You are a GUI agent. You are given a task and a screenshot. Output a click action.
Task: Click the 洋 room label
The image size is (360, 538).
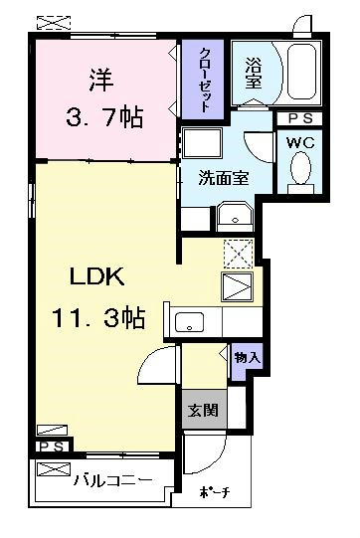pos(101,80)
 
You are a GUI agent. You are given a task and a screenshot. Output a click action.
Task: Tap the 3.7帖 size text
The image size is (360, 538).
pos(104,117)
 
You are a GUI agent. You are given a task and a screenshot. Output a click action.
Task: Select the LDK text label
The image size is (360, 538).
pos(97,276)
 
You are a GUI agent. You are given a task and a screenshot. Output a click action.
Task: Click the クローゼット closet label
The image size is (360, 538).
pos(205,81)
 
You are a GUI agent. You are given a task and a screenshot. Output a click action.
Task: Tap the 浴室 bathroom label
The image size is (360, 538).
pos(254,73)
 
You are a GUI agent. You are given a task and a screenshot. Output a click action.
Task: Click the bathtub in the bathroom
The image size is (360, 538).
pos(301,72)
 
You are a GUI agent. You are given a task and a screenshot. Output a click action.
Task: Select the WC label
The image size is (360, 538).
pos(300,143)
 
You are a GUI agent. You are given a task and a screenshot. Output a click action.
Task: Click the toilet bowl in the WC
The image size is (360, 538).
pos(300,168)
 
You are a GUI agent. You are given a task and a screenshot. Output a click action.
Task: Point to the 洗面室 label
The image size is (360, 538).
pos(224,178)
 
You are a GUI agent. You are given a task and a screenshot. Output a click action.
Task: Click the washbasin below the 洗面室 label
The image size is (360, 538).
pos(235,216)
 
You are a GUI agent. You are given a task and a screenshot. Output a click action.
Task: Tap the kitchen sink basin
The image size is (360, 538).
pos(189,322)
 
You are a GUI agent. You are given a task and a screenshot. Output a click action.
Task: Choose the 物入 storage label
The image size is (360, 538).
pos(248,359)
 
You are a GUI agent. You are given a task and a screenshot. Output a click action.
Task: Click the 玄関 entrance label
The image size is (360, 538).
pos(204,410)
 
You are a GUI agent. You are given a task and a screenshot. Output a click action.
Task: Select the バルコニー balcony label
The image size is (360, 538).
pos(113,480)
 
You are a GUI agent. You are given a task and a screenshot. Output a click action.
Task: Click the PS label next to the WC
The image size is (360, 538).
pos(300,118)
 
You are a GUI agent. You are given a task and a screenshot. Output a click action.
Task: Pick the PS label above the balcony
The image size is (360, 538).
pos(52,447)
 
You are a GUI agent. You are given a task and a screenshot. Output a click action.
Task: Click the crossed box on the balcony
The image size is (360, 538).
pos(54,469)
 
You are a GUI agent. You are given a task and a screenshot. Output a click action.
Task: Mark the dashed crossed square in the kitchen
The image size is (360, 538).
pos(238,254)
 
